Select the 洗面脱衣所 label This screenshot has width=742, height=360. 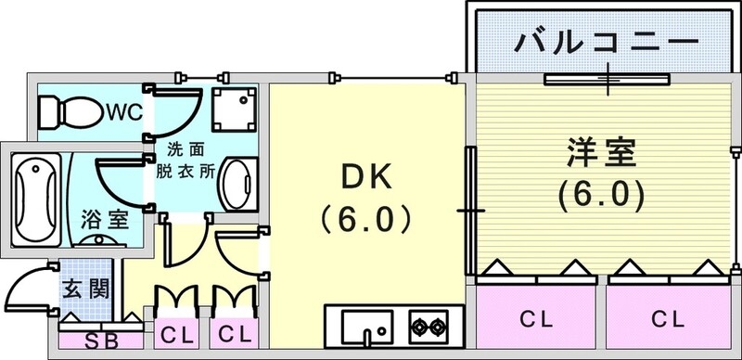(x=191, y=160)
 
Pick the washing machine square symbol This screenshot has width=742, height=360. (x=231, y=109)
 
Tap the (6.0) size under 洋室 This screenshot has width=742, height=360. (x=601, y=196)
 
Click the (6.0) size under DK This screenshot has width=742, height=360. (x=363, y=219)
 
